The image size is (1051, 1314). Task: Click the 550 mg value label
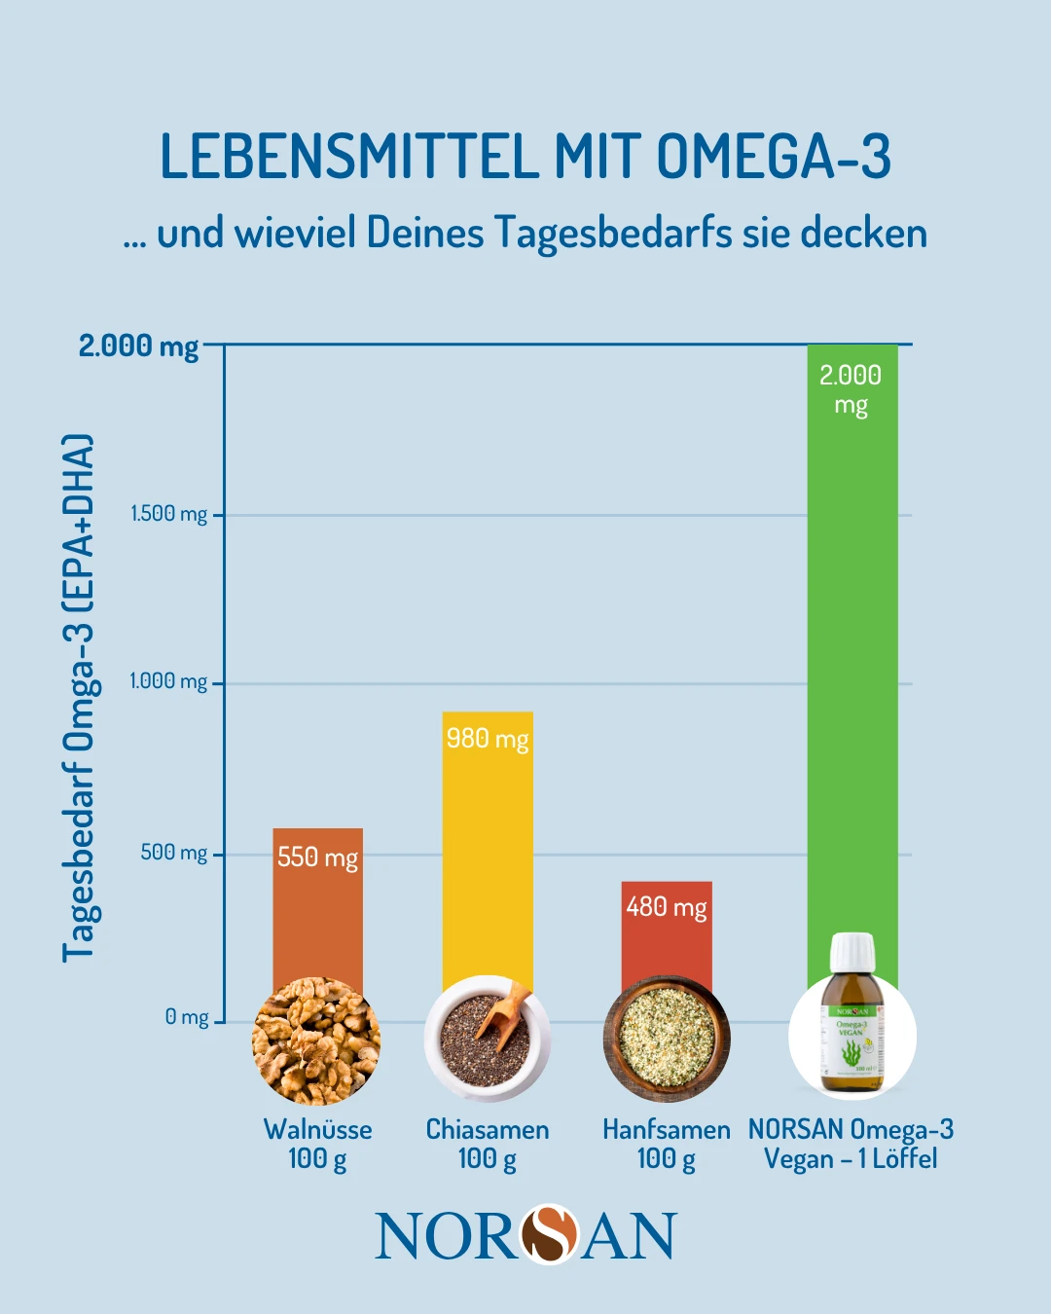click(x=317, y=858)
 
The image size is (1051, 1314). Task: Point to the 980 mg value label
click(x=488, y=739)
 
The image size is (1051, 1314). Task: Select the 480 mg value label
click(x=667, y=907)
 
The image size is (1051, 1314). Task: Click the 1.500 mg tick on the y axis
click(x=169, y=514)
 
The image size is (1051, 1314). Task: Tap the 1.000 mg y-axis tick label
click(x=168, y=681)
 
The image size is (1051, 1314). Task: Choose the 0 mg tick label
click(x=187, y=1017)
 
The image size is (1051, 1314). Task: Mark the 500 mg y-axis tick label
click(x=174, y=853)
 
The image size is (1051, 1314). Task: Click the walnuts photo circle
click(x=316, y=1040)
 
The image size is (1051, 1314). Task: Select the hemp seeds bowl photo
click(x=667, y=1040)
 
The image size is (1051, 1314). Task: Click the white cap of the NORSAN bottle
click(x=852, y=951)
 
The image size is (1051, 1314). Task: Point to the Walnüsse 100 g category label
click(x=317, y=1144)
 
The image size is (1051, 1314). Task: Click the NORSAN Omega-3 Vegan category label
click(x=851, y=1144)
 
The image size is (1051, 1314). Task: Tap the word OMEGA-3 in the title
click(x=774, y=157)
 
